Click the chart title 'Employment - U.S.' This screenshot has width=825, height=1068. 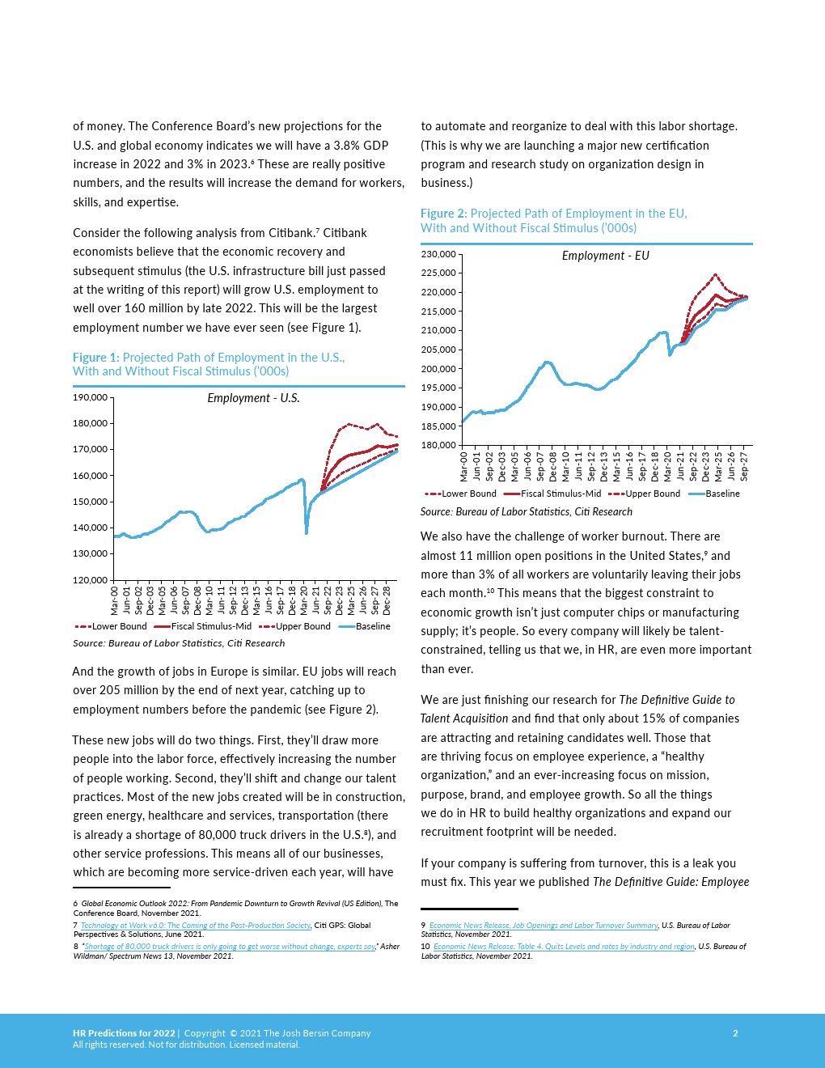[x=253, y=397]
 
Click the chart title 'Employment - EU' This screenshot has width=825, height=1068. [x=605, y=256]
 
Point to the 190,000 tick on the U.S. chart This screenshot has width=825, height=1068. [x=90, y=397]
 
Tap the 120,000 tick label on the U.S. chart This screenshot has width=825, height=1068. [x=90, y=580]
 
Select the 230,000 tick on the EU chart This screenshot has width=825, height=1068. [x=438, y=254]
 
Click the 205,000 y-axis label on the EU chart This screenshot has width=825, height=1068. [x=438, y=350]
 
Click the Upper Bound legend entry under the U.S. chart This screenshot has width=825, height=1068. [x=294, y=626]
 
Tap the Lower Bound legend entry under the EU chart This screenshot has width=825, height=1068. [x=460, y=494]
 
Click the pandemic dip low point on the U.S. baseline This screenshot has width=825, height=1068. [x=307, y=532]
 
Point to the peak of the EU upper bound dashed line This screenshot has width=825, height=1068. [x=716, y=275]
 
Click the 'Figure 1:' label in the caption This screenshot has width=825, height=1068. [x=96, y=358]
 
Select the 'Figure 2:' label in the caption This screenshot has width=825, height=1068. [x=444, y=214]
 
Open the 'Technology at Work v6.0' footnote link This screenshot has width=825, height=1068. [x=196, y=926]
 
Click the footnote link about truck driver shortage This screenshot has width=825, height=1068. [x=230, y=947]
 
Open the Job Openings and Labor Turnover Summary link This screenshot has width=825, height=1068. [x=544, y=926]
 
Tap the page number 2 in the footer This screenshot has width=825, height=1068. [x=735, y=1033]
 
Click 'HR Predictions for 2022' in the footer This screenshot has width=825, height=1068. [x=124, y=1033]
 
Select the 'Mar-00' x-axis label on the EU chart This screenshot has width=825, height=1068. [x=463, y=466]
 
